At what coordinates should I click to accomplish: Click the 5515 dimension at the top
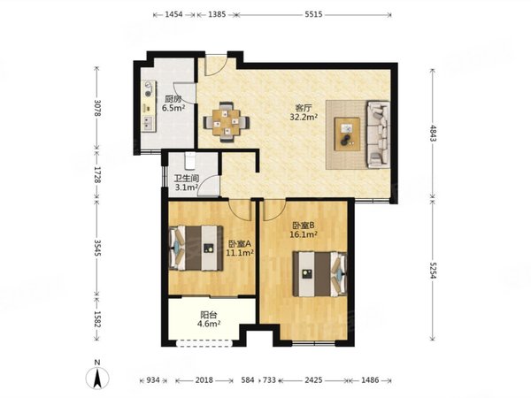[x=313, y=14]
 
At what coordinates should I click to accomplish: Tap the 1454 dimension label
[x=173, y=14]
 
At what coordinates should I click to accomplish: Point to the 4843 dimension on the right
[x=433, y=134]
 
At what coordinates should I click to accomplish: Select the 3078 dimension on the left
[x=97, y=108]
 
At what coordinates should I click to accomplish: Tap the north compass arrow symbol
[x=97, y=377]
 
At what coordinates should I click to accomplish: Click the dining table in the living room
[x=227, y=122]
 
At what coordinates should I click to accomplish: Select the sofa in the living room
[x=378, y=134]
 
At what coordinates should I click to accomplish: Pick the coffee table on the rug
[x=347, y=134]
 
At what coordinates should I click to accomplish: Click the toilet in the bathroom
[x=189, y=160]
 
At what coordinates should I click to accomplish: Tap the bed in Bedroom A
[x=196, y=248]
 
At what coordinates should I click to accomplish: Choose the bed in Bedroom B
[x=320, y=274]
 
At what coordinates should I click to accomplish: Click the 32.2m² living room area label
[x=304, y=117]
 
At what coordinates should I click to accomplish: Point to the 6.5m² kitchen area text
[x=173, y=108]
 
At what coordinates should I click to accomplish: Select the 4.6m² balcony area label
[x=209, y=324]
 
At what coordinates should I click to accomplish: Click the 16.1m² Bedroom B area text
[x=304, y=234]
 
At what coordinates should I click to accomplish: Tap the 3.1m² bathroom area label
[x=186, y=188]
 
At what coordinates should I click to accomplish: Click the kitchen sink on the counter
[x=148, y=123]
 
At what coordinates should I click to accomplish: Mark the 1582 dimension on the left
[x=97, y=319]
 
